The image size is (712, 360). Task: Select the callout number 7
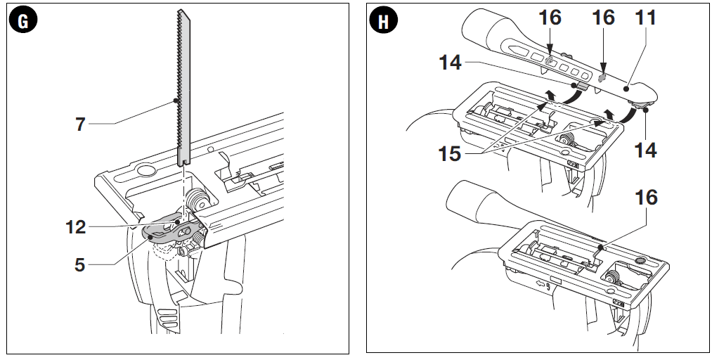point(82,124)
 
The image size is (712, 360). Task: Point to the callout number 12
point(75,227)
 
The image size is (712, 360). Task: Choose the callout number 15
point(450,153)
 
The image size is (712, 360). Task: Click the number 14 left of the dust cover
point(450,63)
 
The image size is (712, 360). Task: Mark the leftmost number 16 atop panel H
point(550,18)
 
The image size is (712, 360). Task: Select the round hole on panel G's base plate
point(146,169)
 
